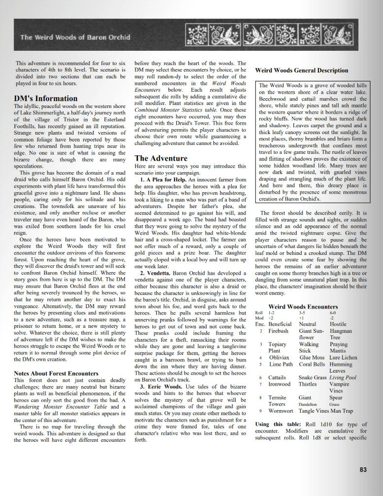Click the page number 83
pyautogui.click(x=363, y=469)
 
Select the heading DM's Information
pyautogui.click(x=46, y=98)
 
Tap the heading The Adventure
pyautogui.click(x=161, y=158)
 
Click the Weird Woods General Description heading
pyautogui.click(x=302, y=71)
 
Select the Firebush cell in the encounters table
pyautogui.click(x=279, y=331)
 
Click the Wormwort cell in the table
pyautogui.click(x=281, y=410)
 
